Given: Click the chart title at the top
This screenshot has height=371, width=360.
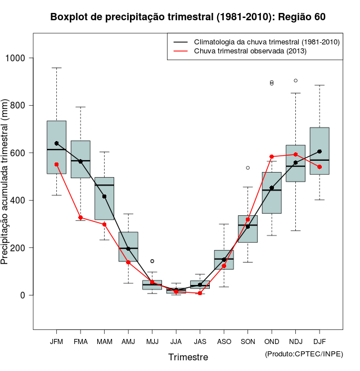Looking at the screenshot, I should pyautogui.click(x=188, y=17).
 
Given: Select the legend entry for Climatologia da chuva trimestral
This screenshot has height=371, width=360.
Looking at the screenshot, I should pyautogui.click(x=267, y=42).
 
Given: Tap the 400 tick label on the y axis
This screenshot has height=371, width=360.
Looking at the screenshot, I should pyautogui.click(x=19, y=200).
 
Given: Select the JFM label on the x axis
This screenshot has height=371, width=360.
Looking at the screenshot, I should pyautogui.click(x=56, y=342).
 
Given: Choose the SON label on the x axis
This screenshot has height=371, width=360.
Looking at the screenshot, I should pyautogui.click(x=247, y=342).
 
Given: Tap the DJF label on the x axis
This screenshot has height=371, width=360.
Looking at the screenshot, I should pyautogui.click(x=319, y=342).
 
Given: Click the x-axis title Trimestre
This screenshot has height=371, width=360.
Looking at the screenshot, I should pyautogui.click(x=188, y=357).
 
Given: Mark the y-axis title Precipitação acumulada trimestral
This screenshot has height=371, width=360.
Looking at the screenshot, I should pyautogui.click(x=5, y=182).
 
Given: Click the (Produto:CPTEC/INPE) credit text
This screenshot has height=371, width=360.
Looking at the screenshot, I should pyautogui.click(x=304, y=354).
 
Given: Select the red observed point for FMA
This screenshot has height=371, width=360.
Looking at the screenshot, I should pyautogui.click(x=80, y=218).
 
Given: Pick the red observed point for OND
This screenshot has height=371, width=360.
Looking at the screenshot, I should pyautogui.click(x=272, y=157).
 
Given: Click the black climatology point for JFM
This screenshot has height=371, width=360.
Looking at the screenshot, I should pyautogui.click(x=56, y=143).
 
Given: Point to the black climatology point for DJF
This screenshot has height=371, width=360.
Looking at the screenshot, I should pyautogui.click(x=319, y=151).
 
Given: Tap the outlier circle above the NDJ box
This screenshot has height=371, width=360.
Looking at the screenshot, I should pyautogui.click(x=295, y=80).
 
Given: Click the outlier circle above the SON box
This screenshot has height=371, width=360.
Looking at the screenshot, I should pyautogui.click(x=247, y=168).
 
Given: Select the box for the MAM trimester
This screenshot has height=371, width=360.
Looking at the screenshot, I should pyautogui.click(x=104, y=198).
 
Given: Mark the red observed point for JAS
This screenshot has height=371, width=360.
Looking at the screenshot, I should pyautogui.click(x=200, y=293).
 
